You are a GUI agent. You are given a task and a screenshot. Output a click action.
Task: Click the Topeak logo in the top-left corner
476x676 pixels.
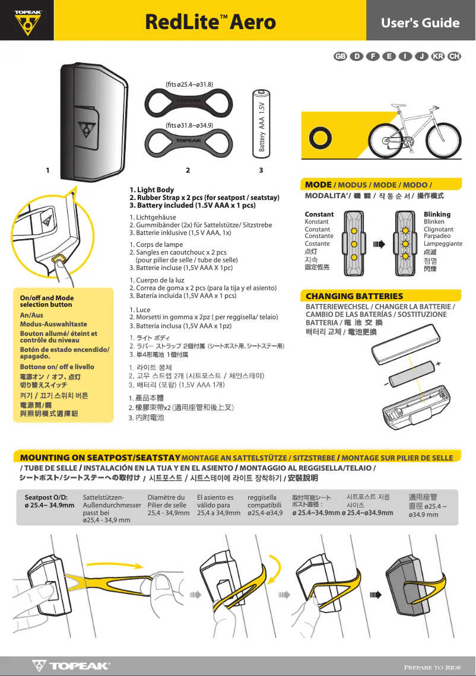[x=28, y=23]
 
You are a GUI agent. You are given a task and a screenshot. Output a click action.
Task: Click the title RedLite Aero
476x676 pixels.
[x=211, y=23]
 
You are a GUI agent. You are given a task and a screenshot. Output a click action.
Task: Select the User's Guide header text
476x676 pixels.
[x=420, y=23]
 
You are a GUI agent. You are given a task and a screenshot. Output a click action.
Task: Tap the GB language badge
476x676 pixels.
[x=340, y=56]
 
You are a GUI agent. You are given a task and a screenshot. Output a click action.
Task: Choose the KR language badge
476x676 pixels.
[x=439, y=56]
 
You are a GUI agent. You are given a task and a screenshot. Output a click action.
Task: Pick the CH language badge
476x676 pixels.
[x=455, y=56]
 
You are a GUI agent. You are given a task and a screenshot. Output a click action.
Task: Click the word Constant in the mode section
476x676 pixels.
[x=319, y=214]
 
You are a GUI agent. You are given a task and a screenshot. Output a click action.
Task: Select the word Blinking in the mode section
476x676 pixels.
[x=437, y=214]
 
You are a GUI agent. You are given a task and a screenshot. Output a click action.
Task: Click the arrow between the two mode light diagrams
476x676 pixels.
[x=379, y=243]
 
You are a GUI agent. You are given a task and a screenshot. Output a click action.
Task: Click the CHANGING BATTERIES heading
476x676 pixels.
[x=354, y=296]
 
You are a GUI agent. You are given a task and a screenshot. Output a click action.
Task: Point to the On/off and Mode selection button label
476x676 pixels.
[x=47, y=301]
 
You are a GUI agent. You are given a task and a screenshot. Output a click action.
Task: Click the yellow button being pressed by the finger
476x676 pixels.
[x=59, y=259]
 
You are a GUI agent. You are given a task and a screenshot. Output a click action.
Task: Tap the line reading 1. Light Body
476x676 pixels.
[x=151, y=190]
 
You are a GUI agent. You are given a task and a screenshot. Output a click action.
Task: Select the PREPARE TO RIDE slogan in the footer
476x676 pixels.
[x=432, y=667]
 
